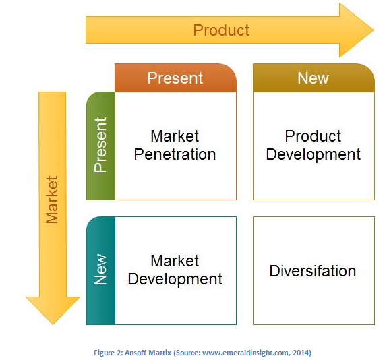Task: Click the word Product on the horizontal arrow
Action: pyautogui.click(x=221, y=30)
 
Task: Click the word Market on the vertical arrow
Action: pyautogui.click(x=52, y=200)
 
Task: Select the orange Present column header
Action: pyautogui.click(x=175, y=78)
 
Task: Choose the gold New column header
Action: pyautogui.click(x=313, y=78)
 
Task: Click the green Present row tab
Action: pyautogui.click(x=100, y=146)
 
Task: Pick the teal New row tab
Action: pyautogui.click(x=100, y=270)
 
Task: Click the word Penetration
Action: pyautogui.click(x=175, y=154)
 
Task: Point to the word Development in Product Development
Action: pyautogui.click(x=313, y=154)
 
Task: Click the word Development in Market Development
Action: pyautogui.click(x=175, y=279)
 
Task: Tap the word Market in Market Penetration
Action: pyautogui.click(x=175, y=136)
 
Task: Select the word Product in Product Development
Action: pyautogui.click(x=313, y=136)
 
